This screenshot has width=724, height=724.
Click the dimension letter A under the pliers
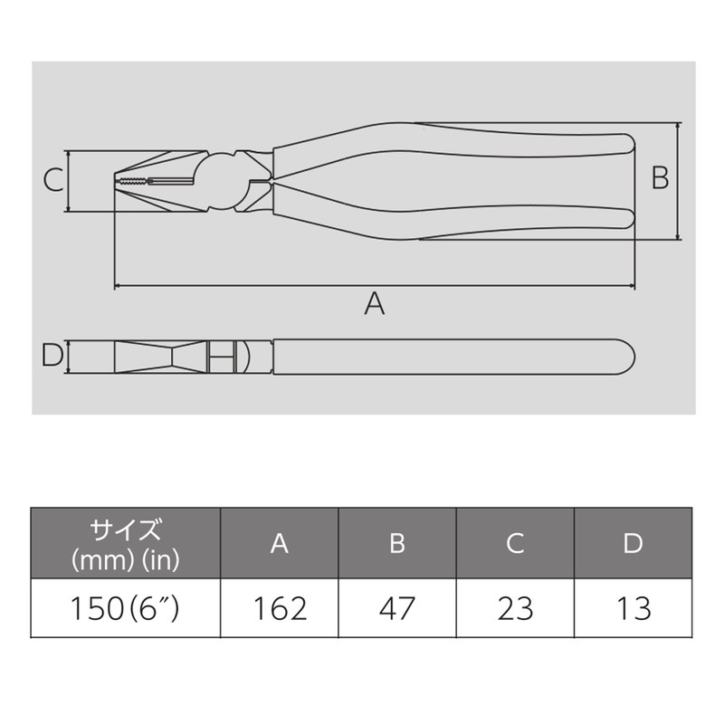pos(374,303)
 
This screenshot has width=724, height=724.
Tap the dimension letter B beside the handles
pos(660,177)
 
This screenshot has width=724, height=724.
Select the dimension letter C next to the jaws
pos(53,179)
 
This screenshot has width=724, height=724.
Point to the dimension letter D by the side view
pos(52,356)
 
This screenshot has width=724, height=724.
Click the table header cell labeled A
pos(280,543)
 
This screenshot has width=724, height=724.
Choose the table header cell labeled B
pos(397,543)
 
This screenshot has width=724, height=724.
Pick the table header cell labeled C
pos(515,543)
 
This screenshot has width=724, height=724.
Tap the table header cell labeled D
pos(633,543)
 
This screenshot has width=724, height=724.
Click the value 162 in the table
pos(280,608)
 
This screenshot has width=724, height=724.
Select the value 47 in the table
pos(397,608)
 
